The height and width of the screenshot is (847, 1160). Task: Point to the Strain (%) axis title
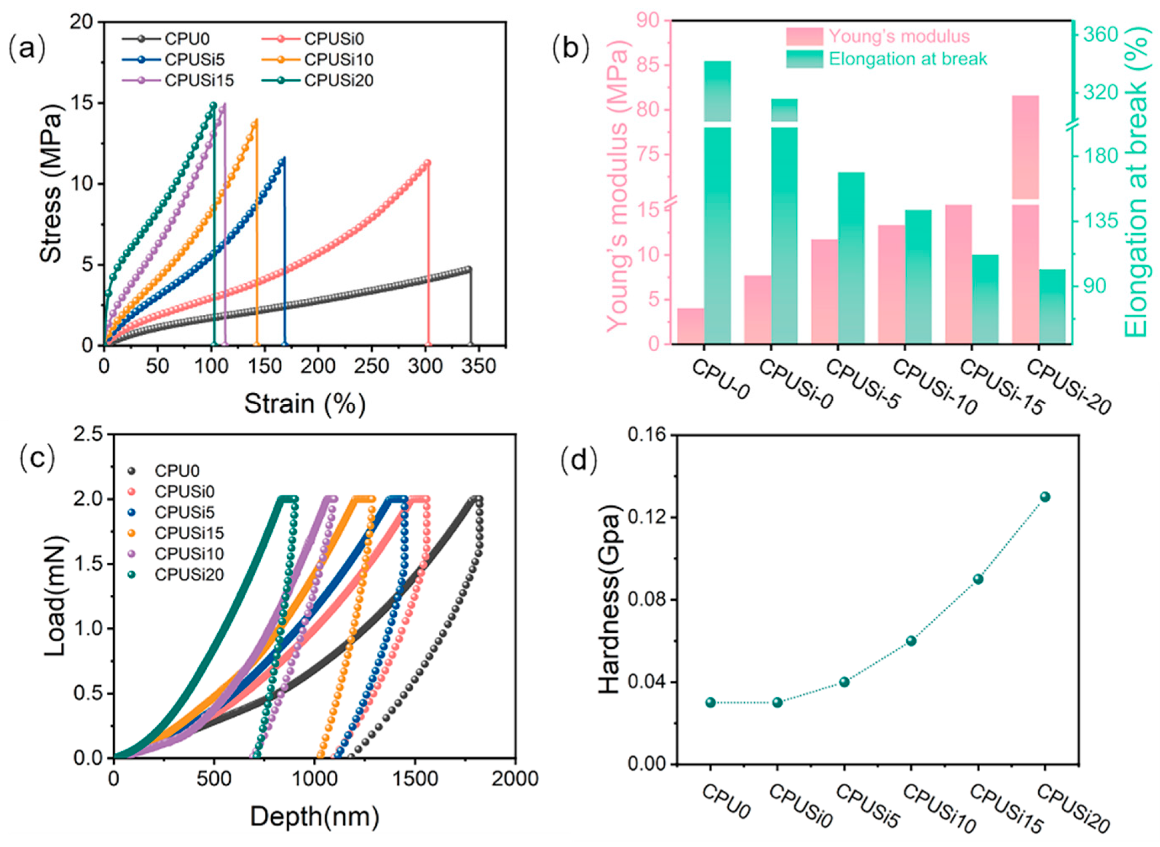[x=305, y=404]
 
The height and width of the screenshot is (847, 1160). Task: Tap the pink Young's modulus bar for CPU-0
[x=690, y=326]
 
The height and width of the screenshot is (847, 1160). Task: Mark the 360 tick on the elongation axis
[x=1101, y=34]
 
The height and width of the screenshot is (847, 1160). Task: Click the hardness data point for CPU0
[x=710, y=703]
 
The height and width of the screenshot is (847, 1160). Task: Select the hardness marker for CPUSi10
[x=911, y=641]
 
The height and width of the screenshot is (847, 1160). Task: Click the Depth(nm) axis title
[x=314, y=817]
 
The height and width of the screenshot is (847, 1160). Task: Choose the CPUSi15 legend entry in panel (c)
[x=189, y=533]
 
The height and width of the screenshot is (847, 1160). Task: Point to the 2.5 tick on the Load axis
[x=88, y=434]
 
